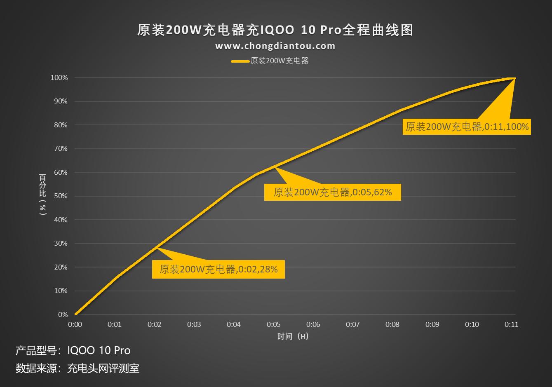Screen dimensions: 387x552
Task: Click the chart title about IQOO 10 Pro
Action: click(x=275, y=30)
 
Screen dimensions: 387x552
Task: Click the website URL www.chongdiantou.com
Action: click(x=275, y=46)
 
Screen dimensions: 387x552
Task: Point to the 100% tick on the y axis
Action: click(x=59, y=77)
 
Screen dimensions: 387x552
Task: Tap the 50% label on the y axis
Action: click(x=61, y=196)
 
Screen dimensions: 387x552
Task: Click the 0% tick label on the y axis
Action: click(x=63, y=314)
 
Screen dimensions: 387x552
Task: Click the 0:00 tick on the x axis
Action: click(x=75, y=324)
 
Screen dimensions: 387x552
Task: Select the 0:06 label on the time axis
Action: click(x=313, y=324)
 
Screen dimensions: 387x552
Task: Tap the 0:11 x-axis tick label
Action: click(x=511, y=324)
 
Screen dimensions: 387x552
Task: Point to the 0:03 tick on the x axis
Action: click(x=194, y=324)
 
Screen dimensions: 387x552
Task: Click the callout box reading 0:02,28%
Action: click(x=218, y=270)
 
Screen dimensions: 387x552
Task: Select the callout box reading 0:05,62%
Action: click(x=332, y=192)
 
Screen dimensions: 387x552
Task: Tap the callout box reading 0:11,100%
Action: click(x=467, y=127)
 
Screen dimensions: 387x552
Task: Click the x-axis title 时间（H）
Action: click(x=293, y=336)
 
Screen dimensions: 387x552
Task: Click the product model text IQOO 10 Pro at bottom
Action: click(x=73, y=350)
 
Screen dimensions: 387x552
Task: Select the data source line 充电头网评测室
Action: click(x=78, y=368)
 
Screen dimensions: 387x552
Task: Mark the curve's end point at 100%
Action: click(x=514, y=78)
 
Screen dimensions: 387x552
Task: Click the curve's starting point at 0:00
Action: click(x=75, y=314)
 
